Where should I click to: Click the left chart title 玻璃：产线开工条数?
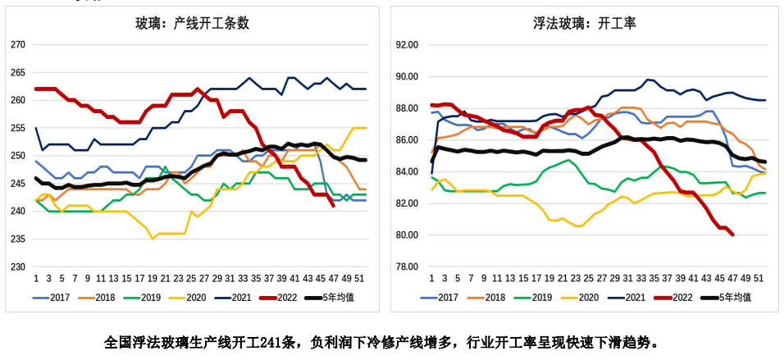pos(193,24)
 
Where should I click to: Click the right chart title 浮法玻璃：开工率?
pos(584,24)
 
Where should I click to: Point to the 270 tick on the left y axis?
pos(18,44)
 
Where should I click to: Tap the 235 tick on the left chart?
pos(18,239)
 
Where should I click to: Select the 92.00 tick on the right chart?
pos(408,44)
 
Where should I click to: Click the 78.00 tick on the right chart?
pos(408,267)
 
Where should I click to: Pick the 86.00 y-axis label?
pos(408,139)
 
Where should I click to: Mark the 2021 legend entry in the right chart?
pos(631,297)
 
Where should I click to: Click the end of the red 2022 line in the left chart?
pos(333,205)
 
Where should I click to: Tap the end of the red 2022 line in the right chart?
pos(732,235)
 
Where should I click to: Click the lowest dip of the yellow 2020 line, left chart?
pos(153,239)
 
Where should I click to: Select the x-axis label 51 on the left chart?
pos(359,278)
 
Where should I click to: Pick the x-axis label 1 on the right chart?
pos(431,278)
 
